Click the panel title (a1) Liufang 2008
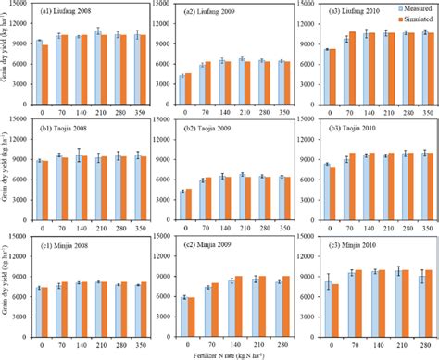66,12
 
